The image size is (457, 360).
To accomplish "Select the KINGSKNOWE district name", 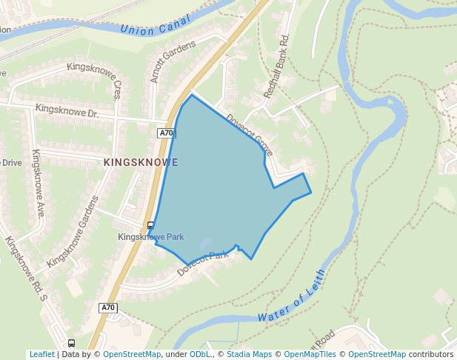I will tap(141, 161).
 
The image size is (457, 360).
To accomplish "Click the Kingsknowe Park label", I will tap(151, 237).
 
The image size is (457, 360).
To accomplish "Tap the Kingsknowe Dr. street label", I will tap(66, 112).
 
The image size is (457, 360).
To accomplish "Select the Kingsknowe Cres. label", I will tap(94, 79).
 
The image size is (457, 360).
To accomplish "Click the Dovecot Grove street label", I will tap(250, 134).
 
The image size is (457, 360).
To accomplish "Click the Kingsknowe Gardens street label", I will tap(72, 232).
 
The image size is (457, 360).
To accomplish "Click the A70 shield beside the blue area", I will tap(166, 133).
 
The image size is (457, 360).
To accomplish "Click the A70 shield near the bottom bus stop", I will tap(108, 307).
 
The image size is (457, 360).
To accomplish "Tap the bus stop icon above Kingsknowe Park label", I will tap(151, 225).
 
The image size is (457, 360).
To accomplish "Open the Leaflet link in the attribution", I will tap(41, 355).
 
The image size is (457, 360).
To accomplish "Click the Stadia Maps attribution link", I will tap(250, 355).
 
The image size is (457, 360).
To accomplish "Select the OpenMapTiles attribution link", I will tap(310, 355).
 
